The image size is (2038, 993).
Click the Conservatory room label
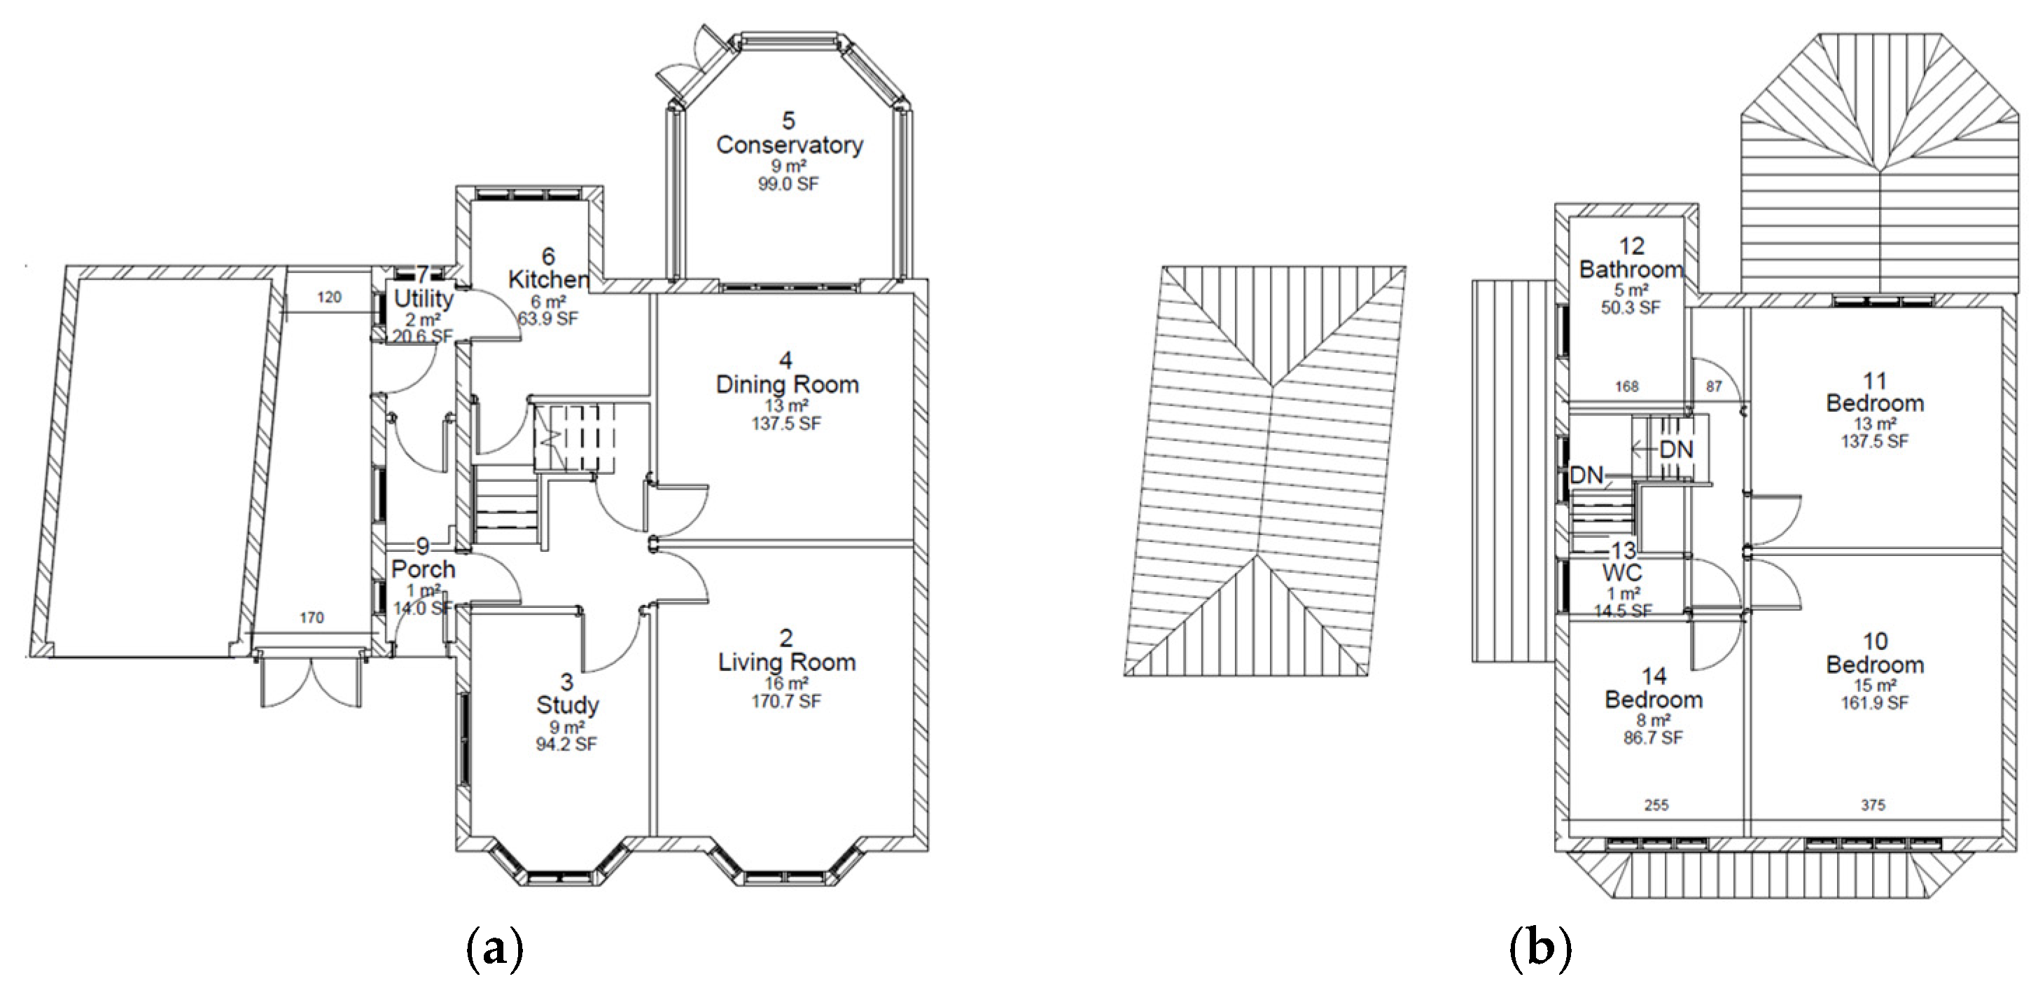click(x=789, y=146)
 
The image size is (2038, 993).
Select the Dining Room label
click(x=786, y=384)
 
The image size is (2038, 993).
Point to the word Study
click(x=567, y=705)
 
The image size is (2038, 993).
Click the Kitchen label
click(x=548, y=279)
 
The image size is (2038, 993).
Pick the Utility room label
click(x=424, y=299)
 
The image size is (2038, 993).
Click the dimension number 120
click(x=329, y=298)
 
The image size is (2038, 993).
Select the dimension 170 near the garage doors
click(x=312, y=618)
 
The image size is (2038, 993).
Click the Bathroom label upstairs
click(x=1631, y=270)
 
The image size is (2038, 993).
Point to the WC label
click(x=1623, y=572)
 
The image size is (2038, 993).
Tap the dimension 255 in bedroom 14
click(x=1656, y=805)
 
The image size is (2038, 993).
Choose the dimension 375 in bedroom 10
click(x=1873, y=805)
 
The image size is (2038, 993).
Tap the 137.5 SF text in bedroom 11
click(x=1874, y=440)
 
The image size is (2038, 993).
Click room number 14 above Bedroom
click(x=1654, y=676)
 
